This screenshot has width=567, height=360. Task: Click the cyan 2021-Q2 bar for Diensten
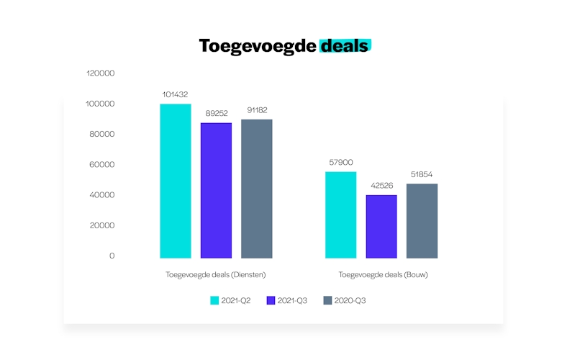point(175,181)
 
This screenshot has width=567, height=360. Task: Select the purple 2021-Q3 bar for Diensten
point(216,190)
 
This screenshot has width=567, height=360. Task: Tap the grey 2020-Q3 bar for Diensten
point(257,189)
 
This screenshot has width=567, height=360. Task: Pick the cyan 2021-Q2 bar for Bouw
point(340,215)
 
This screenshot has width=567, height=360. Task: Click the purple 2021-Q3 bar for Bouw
point(381,226)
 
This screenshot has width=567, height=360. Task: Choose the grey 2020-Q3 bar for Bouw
point(422,220)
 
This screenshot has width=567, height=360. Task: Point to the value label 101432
point(176,94)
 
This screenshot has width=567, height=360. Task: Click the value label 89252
point(216,113)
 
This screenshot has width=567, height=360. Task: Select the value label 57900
point(340,162)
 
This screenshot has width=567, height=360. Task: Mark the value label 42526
point(381,186)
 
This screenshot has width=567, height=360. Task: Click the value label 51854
point(422,174)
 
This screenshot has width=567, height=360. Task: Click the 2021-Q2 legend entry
point(230,300)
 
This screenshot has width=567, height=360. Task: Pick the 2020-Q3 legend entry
point(345,300)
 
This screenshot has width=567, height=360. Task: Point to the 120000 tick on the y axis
point(100,73)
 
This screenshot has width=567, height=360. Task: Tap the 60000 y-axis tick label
point(101,165)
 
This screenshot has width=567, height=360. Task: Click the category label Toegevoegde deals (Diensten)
point(216,274)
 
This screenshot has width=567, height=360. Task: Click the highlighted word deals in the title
point(345,46)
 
